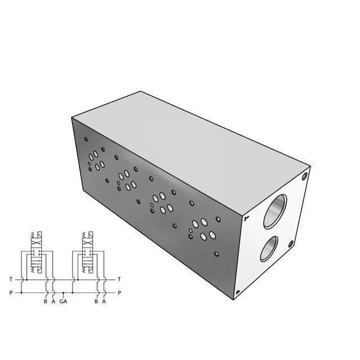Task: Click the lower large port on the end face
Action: point(269,249)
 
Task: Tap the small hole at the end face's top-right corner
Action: point(305,175)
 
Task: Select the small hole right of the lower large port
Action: point(291,244)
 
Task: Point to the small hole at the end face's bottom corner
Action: point(238,291)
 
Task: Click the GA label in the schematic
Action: point(64,301)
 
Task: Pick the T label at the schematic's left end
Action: point(10,279)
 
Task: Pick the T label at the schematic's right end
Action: point(119,279)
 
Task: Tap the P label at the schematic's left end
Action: point(10,292)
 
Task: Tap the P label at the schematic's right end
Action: point(119,292)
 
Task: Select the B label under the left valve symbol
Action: point(46,301)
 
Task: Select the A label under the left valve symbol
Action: point(53,301)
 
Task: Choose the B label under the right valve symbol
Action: point(96,301)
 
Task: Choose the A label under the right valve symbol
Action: point(104,301)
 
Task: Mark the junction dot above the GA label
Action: point(64,292)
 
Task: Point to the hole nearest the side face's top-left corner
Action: point(85,139)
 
